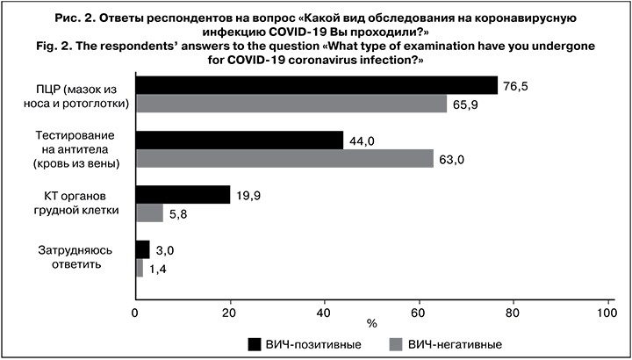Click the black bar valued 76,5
click(316, 85)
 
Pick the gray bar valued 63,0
click(284, 158)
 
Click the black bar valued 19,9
click(183, 195)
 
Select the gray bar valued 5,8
click(149, 212)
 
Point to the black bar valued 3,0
click(142, 249)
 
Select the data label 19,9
click(247, 194)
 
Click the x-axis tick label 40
click(325, 310)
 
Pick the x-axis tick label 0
click(136, 310)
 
